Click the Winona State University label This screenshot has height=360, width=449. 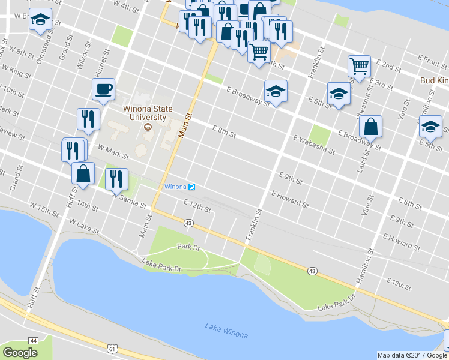pos(148,113)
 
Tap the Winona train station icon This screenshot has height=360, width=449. pos(191,187)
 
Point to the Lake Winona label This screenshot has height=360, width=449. pos(226,330)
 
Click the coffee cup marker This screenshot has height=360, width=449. pos(103,89)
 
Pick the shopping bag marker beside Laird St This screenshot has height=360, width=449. pos(370,127)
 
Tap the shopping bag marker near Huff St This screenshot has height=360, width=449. pos(83,173)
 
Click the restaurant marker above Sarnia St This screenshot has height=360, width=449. pos(116,179)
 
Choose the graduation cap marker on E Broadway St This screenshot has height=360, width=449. pos(276,91)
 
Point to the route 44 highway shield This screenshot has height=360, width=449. pos(33,340)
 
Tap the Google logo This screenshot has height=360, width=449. pos(20,353)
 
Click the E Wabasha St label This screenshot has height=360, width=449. pos(314,145)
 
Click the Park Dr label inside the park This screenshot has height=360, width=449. pos(188,247)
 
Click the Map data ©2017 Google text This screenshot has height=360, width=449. pos(412,355)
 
